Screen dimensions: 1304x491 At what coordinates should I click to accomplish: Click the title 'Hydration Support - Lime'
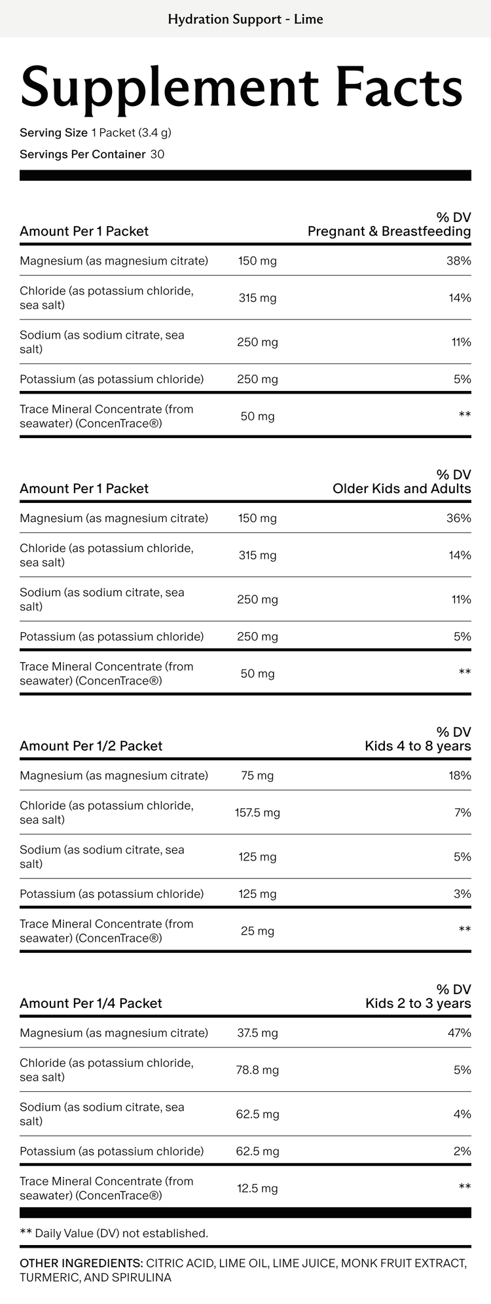[x=245, y=19]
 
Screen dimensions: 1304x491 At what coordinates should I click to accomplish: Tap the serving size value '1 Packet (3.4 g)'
[x=132, y=133]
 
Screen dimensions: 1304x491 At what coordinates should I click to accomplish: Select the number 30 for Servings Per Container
[x=157, y=155]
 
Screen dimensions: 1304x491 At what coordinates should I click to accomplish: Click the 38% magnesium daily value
[x=459, y=261]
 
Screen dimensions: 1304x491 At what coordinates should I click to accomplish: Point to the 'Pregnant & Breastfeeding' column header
[x=389, y=231]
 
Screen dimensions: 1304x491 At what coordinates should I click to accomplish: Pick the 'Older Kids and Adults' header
[x=401, y=489]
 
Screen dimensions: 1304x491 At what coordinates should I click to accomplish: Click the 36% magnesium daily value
[x=459, y=518]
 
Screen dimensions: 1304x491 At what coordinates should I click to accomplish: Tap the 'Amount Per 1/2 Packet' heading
[x=91, y=746]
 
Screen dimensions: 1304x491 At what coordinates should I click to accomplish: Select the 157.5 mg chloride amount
[x=257, y=813]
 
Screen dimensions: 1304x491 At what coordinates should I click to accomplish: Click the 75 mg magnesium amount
[x=257, y=775]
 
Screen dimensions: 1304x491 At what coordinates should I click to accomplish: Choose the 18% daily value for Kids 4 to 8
[x=460, y=775]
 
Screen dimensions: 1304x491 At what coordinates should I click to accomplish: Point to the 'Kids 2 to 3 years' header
[x=418, y=1003]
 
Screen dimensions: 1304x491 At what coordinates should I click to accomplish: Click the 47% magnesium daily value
[x=459, y=1033]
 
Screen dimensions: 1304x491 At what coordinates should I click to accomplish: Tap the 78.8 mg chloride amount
[x=257, y=1070]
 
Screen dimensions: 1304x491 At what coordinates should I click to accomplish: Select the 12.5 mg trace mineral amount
[x=257, y=1188]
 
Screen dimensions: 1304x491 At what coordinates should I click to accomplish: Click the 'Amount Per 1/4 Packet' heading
[x=91, y=1003]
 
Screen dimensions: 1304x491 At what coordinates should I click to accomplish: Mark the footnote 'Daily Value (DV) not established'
[x=121, y=1233]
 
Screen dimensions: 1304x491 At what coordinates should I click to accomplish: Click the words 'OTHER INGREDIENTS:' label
[x=81, y=1263]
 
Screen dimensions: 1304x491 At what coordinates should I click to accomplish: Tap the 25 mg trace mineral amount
[x=257, y=931]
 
